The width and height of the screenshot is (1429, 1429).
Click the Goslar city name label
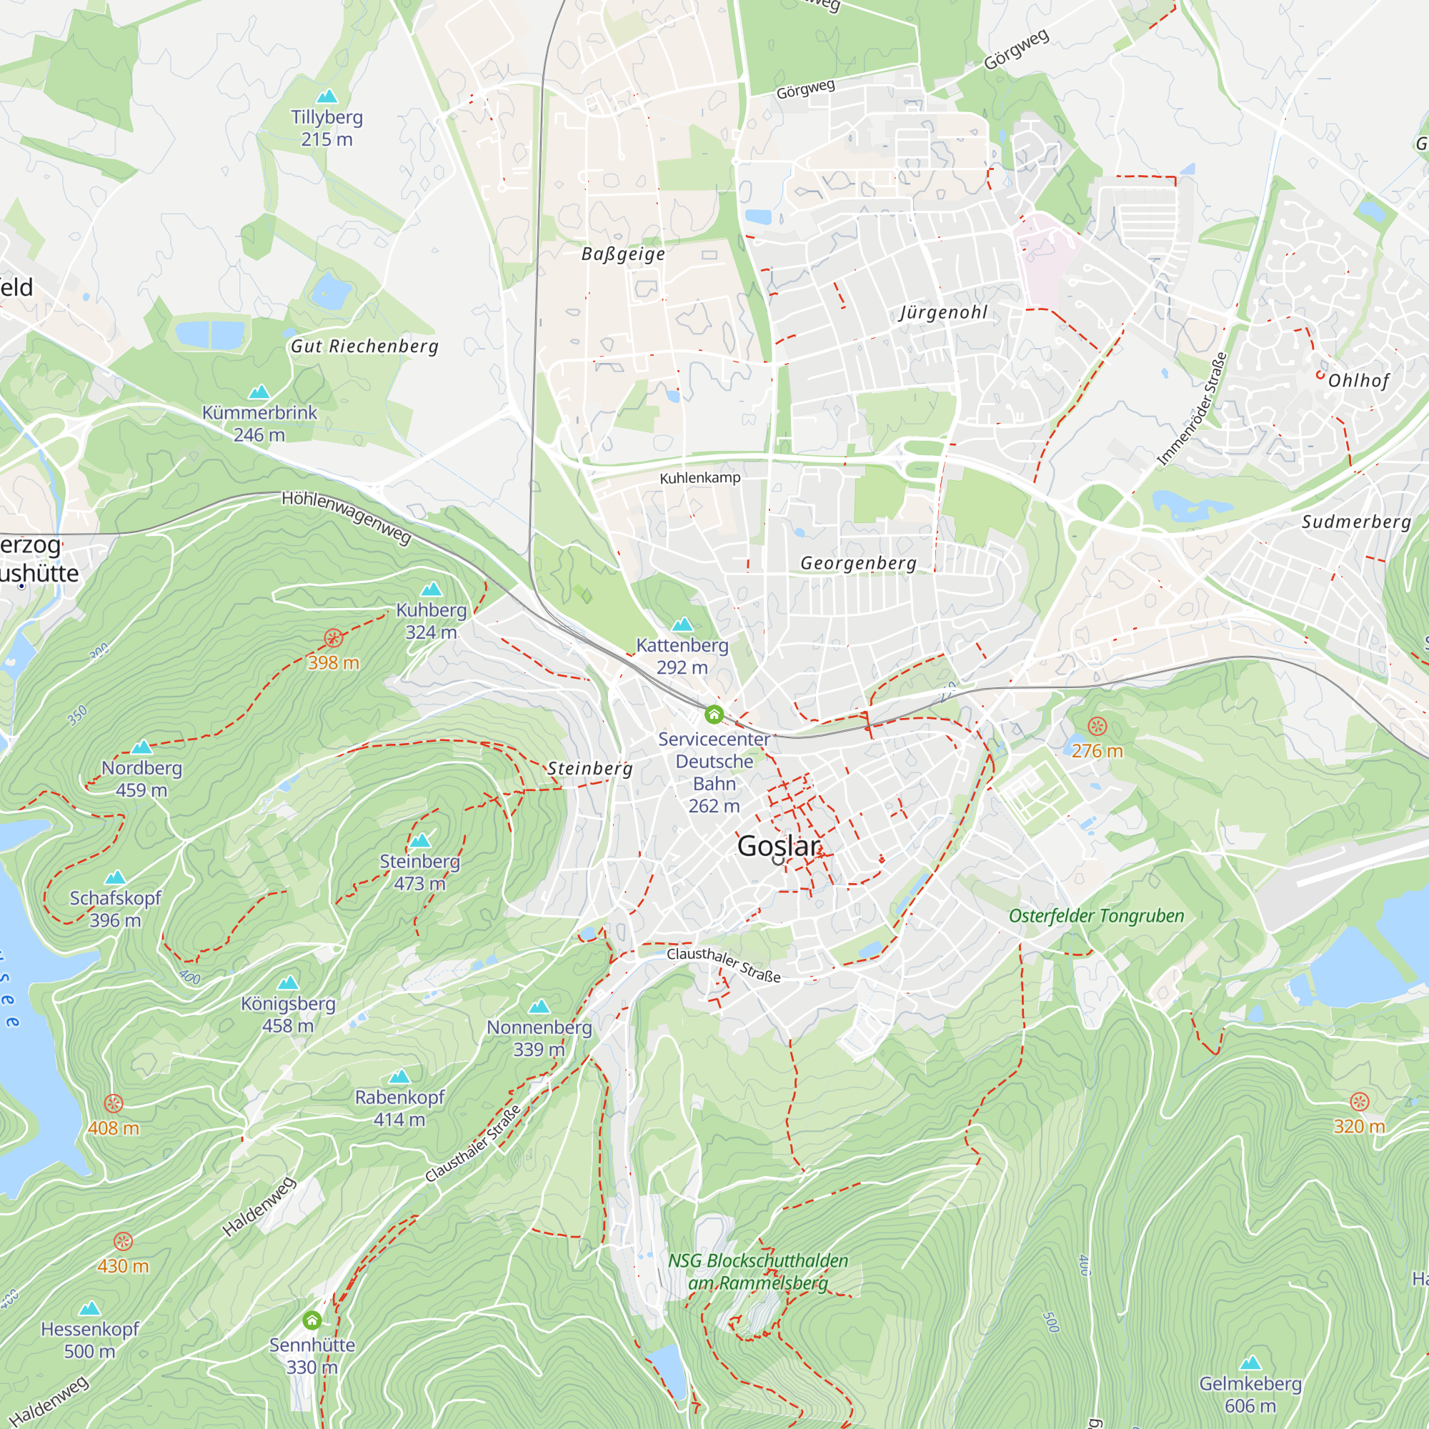click(779, 846)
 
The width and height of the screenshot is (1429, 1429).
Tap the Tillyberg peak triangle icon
click(327, 97)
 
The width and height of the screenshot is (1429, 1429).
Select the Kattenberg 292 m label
click(682, 656)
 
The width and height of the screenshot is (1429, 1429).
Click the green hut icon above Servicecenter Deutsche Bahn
click(714, 714)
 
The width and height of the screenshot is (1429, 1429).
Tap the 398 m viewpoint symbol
click(334, 638)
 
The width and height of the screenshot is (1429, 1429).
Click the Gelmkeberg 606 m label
click(1250, 1394)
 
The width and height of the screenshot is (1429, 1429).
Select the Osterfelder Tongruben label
click(1096, 916)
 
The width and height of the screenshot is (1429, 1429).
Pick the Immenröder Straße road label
click(1192, 409)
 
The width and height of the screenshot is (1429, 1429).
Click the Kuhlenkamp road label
click(699, 478)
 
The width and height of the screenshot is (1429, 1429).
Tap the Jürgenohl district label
click(943, 313)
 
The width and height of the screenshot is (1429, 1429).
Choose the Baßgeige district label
click(623, 254)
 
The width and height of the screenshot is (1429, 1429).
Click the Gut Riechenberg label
click(364, 346)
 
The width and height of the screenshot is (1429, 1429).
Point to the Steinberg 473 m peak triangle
click(420, 840)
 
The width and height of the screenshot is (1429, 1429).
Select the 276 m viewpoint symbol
click(1097, 727)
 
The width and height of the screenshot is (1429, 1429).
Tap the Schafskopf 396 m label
click(115, 909)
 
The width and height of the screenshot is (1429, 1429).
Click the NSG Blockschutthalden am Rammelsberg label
click(758, 1272)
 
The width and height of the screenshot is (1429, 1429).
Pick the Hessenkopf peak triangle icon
click(89, 1308)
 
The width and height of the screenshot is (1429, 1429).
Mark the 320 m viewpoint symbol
click(1360, 1102)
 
